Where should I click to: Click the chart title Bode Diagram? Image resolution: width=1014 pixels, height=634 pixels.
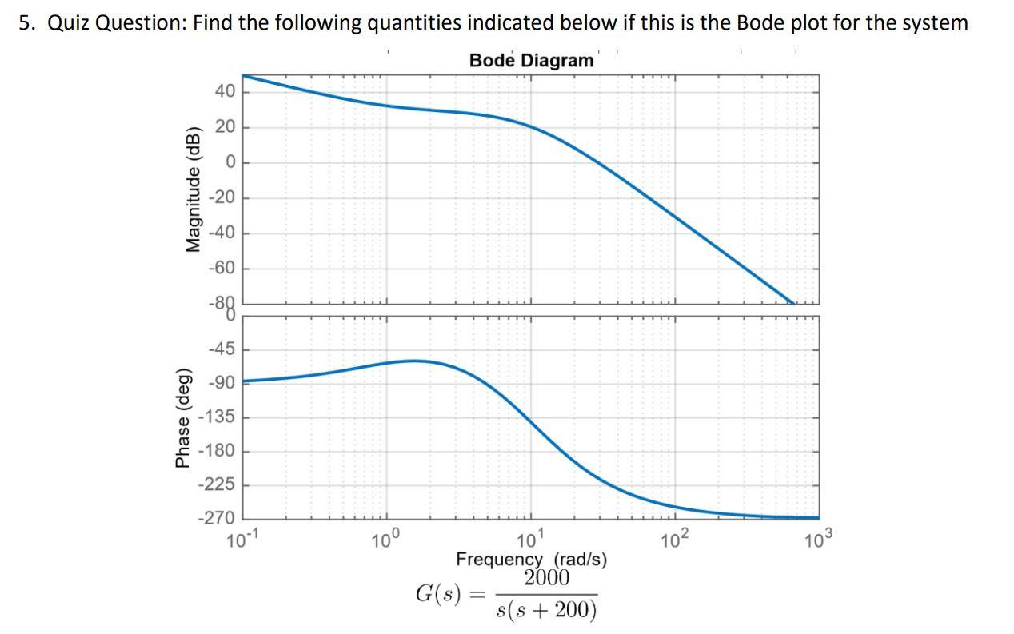(531, 61)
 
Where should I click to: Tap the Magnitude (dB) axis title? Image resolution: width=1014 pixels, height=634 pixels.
(193, 189)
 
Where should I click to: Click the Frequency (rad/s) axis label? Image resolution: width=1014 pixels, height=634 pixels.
(531, 559)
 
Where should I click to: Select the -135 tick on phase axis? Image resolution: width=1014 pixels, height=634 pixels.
(218, 417)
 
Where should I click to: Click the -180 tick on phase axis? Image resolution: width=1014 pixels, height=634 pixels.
(218, 451)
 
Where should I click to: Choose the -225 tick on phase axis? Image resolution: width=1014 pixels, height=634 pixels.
(218, 484)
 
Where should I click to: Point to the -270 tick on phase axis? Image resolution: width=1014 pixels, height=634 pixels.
(218, 518)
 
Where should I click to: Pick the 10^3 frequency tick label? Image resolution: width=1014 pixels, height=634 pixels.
(819, 540)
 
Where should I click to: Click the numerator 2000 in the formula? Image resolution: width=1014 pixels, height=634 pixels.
(547, 578)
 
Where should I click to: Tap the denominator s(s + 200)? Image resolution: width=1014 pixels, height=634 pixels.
(547, 610)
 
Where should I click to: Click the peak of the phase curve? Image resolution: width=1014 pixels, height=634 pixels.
(413, 361)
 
